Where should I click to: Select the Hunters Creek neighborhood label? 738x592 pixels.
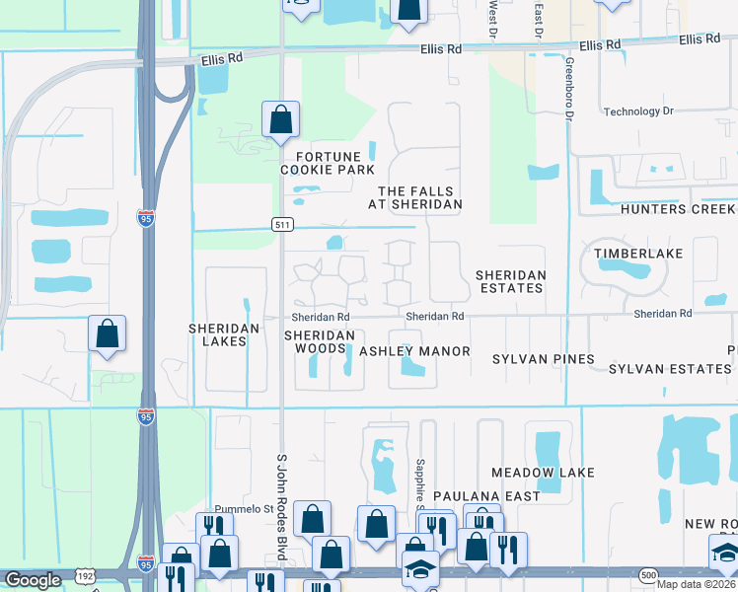pyautogui.click(x=679, y=210)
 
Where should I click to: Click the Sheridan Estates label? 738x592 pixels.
pyautogui.click(x=509, y=281)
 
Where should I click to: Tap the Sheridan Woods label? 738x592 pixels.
pyautogui.click(x=320, y=342)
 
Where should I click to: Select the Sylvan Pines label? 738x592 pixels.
pyautogui.click(x=545, y=359)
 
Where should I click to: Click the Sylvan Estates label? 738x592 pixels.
pyautogui.click(x=670, y=368)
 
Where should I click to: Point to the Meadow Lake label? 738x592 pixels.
pyautogui.click(x=543, y=473)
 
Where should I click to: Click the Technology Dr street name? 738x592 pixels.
pyautogui.click(x=637, y=111)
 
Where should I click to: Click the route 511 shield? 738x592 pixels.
pyautogui.click(x=281, y=225)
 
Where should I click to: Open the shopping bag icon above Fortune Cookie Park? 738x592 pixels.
pyautogui.click(x=281, y=119)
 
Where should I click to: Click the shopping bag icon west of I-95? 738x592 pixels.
pyautogui.click(x=107, y=334)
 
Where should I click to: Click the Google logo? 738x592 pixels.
pyautogui.click(x=33, y=580)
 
